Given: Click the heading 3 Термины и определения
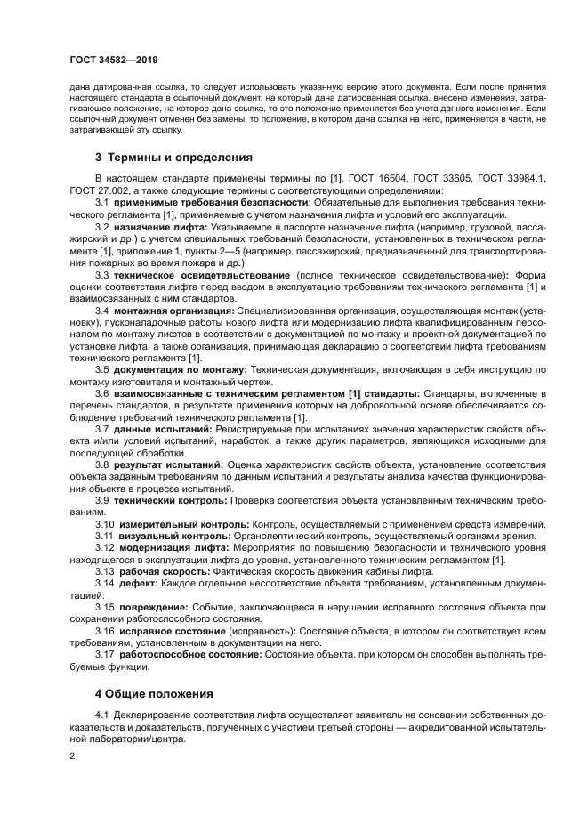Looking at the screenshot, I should [x=166, y=158].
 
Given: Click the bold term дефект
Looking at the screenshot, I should [x=137, y=583].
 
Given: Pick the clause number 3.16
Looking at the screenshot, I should [x=105, y=630].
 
